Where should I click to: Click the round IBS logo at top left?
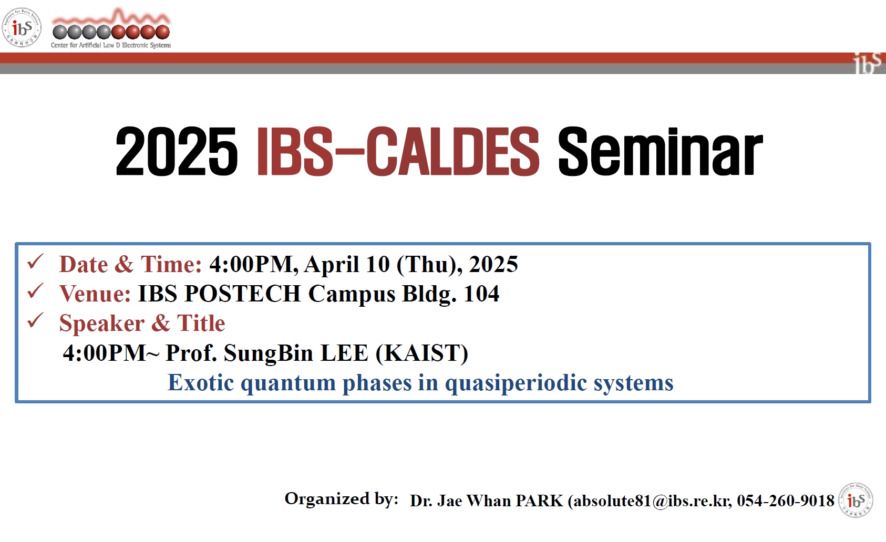click(x=22, y=27)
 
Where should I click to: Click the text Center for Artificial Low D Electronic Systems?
click(x=111, y=45)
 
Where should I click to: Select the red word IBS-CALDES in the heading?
click(x=398, y=151)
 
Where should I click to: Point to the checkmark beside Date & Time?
click(x=35, y=262)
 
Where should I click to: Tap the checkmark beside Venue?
click(x=35, y=291)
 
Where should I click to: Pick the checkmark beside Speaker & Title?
click(x=35, y=320)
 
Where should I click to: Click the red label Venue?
click(x=95, y=294)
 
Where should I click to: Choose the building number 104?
click(x=481, y=294)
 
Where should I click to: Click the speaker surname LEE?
click(x=344, y=352)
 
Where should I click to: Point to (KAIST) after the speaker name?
click(x=421, y=353)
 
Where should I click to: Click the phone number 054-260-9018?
click(x=786, y=501)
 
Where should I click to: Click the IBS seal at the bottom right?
click(x=856, y=500)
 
